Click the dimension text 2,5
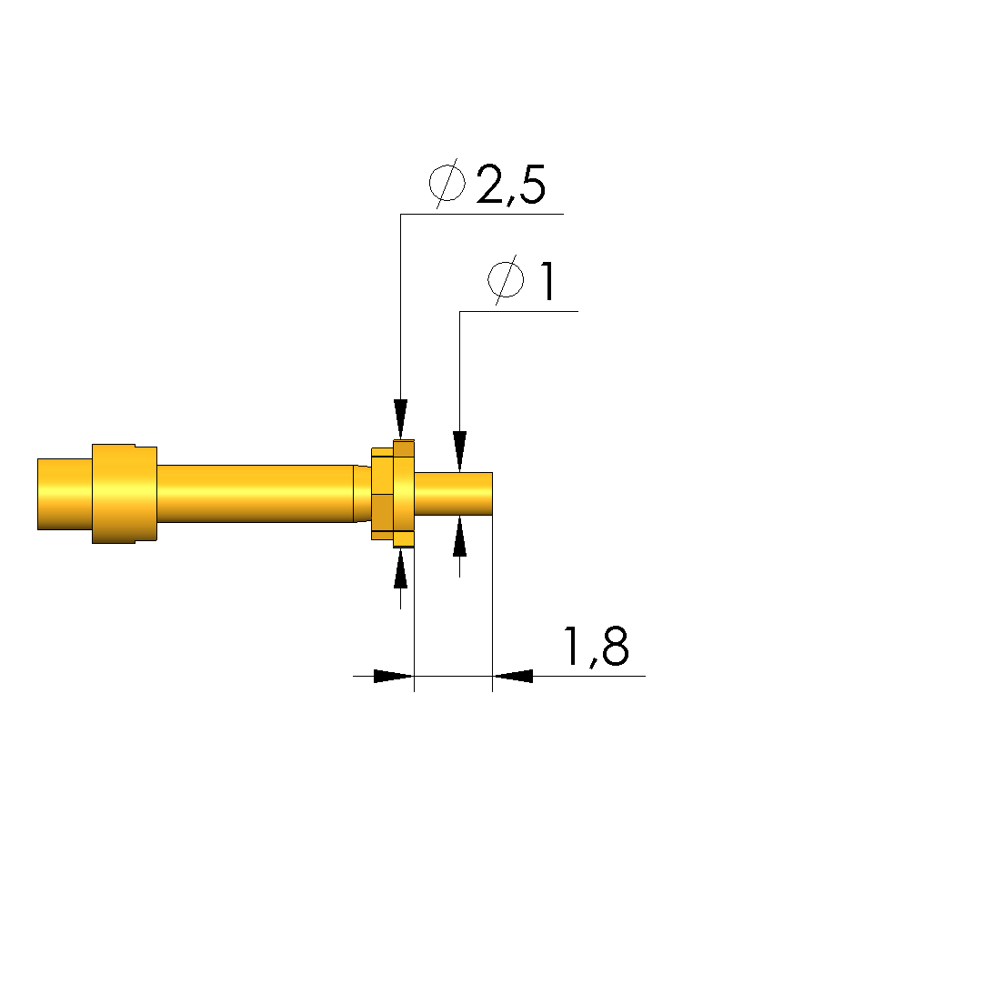pos(510,185)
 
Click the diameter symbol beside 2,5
pos(447,184)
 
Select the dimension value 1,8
pos(596,647)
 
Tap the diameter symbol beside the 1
pos(507,280)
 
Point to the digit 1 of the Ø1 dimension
pos(547,282)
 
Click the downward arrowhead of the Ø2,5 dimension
pos(401,419)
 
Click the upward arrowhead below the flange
pos(401,568)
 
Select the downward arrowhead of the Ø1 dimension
pos(459,451)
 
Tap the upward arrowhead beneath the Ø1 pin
pos(459,536)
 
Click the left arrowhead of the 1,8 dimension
pos(394,676)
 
